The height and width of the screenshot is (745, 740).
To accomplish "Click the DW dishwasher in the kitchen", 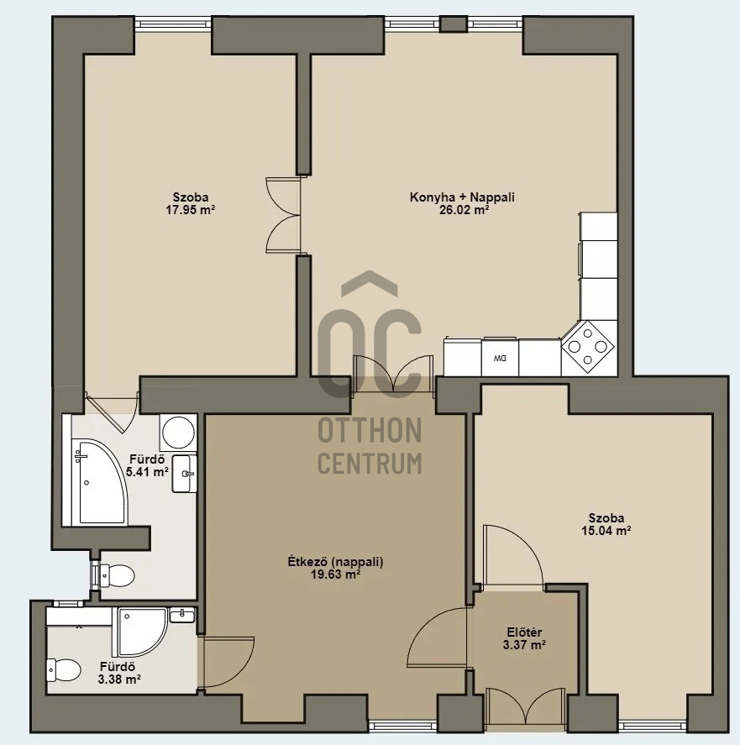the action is pos(500,357).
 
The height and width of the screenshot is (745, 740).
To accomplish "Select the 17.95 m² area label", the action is pos(190,209).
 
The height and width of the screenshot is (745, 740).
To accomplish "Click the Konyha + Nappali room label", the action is pos(462,197).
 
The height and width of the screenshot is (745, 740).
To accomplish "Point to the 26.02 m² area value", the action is pos(464,209).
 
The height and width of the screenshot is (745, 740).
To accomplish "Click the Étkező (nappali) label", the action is pos(335,562).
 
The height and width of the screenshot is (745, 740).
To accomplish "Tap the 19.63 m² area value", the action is pos(335,574).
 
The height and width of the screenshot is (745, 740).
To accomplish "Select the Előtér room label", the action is pos(524,632).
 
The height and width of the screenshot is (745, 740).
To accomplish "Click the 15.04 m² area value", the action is pos(606,531).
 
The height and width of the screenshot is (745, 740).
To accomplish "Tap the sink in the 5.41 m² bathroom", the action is pos(185,474).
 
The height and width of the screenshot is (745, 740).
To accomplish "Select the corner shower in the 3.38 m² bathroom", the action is pos(139,632).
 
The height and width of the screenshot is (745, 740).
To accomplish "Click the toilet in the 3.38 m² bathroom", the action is pos(64,669).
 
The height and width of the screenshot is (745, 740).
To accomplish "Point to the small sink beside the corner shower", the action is pos(181,616).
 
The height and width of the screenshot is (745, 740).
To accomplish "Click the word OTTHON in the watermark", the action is pos(370,430).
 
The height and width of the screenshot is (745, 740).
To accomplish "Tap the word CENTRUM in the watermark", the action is pos(370,464).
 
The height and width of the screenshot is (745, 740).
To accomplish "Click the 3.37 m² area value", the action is pos(524,645).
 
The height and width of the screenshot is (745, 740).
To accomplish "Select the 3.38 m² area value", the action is pos(119,680).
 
